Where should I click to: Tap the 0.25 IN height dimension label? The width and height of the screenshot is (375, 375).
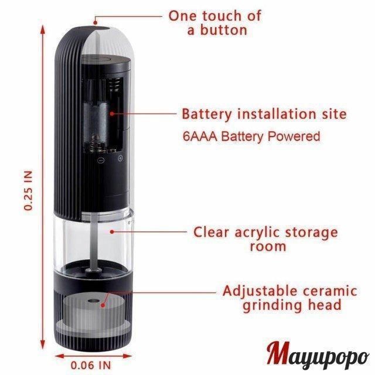[x=28, y=190]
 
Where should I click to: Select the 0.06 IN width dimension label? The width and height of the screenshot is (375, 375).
[x=91, y=366]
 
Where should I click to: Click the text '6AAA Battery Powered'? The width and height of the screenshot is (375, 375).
[x=251, y=137]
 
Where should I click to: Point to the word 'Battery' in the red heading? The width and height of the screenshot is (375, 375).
[x=207, y=115]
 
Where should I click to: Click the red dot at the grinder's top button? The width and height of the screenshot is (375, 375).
[x=96, y=23]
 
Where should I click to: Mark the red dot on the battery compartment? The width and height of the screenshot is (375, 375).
[x=112, y=114]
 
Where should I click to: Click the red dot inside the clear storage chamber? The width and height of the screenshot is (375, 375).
[x=112, y=231]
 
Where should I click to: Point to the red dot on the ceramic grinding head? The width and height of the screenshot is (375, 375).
[x=103, y=305]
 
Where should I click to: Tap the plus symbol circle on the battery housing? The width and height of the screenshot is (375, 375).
[x=121, y=158]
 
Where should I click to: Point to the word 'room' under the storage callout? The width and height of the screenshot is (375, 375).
[x=268, y=247]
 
